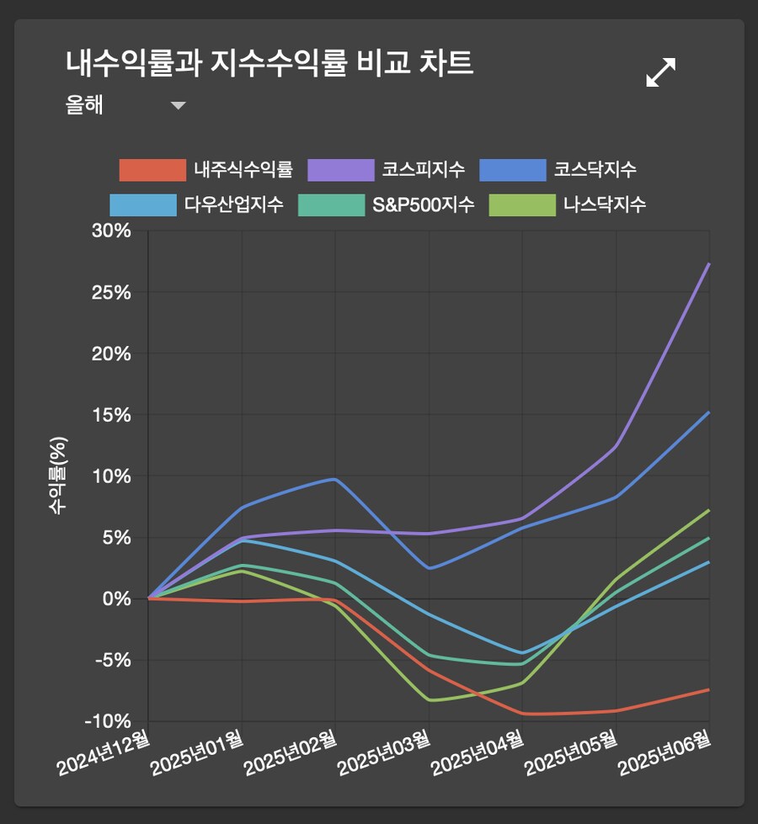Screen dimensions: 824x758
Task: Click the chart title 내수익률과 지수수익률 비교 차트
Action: [x=270, y=64]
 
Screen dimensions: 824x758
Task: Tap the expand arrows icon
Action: [x=661, y=72]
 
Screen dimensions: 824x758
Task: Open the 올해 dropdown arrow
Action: [x=178, y=106]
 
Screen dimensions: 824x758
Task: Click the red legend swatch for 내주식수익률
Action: [x=152, y=170]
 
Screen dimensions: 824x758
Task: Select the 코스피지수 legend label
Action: [x=423, y=170]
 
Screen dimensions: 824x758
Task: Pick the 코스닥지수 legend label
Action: [x=595, y=170]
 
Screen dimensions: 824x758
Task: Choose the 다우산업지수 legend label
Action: [x=234, y=205]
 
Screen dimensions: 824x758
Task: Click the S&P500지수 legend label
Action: [x=424, y=205]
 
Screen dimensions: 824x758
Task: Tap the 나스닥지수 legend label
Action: [x=605, y=205]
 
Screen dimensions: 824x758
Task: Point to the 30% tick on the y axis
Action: [x=111, y=231]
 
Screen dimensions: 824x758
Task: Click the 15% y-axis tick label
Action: [x=111, y=415]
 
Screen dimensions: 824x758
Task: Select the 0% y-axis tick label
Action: [x=117, y=598]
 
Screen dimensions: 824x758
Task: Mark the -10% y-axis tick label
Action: [x=109, y=721]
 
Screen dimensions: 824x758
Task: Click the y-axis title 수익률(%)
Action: [x=58, y=476]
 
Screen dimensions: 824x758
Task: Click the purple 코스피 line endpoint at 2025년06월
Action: [x=709, y=264]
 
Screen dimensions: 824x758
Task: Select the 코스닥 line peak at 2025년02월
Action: [x=335, y=479]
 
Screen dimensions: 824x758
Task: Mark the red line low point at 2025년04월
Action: [x=523, y=714]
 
